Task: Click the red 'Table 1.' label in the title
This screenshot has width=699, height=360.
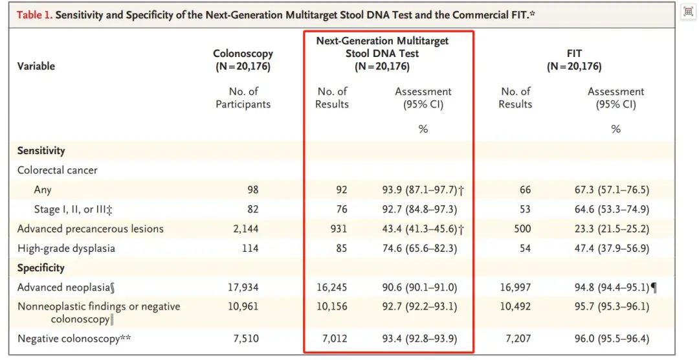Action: [34, 15]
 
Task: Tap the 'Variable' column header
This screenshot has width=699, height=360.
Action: [36, 66]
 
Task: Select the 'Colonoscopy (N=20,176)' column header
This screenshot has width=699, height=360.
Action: [243, 60]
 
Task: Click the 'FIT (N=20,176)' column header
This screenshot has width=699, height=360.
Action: [574, 60]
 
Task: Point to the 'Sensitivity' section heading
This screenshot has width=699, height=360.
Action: [41, 151]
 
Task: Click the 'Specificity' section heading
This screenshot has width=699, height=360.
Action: [41, 267]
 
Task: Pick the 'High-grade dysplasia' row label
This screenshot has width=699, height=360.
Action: [66, 248]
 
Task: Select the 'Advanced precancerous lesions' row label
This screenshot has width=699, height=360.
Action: [91, 229]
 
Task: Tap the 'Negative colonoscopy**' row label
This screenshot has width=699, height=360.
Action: [74, 339]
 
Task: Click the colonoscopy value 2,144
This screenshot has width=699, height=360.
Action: [246, 229]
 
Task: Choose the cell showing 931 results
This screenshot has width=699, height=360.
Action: [338, 229]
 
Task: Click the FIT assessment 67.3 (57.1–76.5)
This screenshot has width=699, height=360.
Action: [612, 190]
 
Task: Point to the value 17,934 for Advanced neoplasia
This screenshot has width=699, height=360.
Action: [243, 287]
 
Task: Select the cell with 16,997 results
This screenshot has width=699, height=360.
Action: [515, 287]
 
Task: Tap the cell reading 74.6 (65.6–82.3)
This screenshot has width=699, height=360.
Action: [419, 248]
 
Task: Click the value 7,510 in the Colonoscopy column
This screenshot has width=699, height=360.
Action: [246, 339]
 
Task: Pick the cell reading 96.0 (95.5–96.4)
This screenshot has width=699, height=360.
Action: [612, 339]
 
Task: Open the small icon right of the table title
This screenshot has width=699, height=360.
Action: [688, 12]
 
